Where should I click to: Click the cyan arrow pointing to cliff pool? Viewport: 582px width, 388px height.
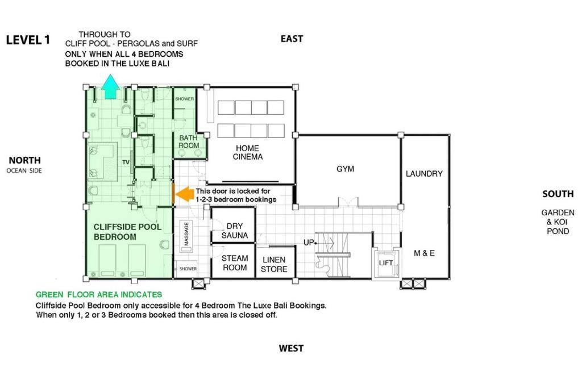pos(110,87)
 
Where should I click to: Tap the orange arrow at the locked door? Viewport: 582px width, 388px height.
pos(185,194)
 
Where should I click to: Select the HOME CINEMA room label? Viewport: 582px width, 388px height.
pos(248,152)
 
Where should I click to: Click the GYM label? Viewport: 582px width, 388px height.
pos(345,169)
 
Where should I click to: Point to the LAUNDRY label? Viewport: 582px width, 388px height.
pos(424,174)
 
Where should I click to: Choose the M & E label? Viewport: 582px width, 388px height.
pos(424,253)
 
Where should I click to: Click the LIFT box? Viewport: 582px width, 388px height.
pos(386,263)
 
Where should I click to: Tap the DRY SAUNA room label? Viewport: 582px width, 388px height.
pos(235,231)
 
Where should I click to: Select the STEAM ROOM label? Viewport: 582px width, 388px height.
pos(235,262)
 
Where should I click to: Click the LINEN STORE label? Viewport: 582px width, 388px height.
pos(274,265)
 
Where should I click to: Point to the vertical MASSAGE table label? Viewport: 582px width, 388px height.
pos(186,233)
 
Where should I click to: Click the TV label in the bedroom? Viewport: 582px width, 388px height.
pos(126,162)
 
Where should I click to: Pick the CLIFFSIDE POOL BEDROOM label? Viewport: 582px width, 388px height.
pos(127,232)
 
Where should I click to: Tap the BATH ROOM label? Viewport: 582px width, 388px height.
pos(189,141)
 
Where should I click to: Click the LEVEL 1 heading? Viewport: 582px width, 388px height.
pos(28,40)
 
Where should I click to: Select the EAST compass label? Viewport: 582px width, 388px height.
pos(292,39)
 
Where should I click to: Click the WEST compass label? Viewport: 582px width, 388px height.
pos(292,348)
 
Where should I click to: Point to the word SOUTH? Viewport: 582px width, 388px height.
pos(558,194)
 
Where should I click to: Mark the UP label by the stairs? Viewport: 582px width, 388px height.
pos(309,243)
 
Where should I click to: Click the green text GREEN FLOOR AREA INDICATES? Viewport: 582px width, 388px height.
pos(99,294)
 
